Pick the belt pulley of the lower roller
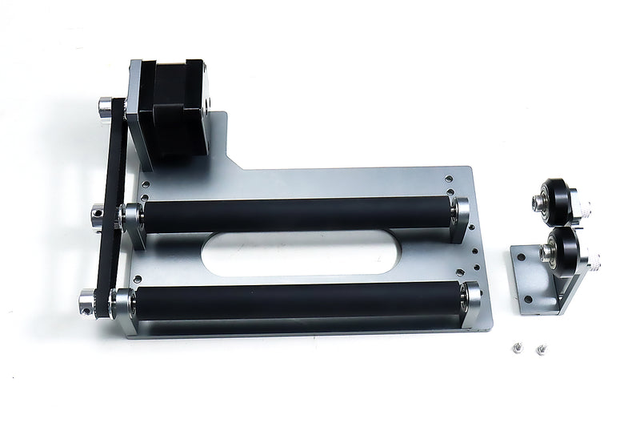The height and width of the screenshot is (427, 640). [87, 303]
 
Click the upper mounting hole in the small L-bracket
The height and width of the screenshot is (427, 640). [522, 259]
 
